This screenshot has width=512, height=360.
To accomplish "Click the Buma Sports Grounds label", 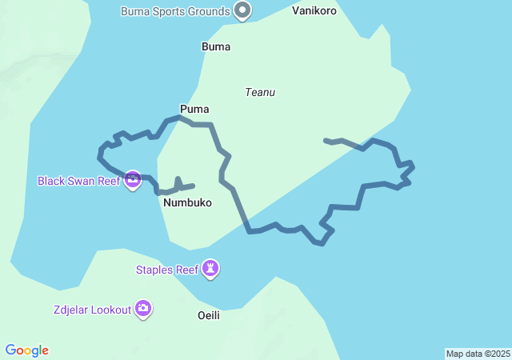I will (175, 11).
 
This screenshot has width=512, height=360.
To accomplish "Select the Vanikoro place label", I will (314, 11).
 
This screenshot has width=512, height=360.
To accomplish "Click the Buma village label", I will (216, 46).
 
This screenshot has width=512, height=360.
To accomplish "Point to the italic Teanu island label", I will (260, 92).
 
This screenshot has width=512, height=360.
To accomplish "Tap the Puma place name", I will (194, 109).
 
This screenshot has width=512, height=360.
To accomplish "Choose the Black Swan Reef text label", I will (78, 181).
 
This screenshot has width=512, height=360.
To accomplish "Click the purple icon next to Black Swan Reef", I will (133, 181).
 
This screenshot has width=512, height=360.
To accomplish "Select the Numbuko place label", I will (187, 203).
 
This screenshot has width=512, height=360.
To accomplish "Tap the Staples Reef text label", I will (166, 270).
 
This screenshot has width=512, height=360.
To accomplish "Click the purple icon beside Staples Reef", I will (210, 269).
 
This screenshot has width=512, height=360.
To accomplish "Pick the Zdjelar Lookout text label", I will (92, 310).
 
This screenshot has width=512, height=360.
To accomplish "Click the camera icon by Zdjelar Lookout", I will (143, 309).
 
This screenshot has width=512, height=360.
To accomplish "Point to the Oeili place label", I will (208, 315).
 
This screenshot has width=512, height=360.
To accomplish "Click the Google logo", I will (27, 350).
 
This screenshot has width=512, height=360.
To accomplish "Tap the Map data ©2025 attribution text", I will (478, 354).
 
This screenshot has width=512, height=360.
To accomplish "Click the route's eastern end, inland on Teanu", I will (326, 141).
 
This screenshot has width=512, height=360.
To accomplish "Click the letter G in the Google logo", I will (10, 350).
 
